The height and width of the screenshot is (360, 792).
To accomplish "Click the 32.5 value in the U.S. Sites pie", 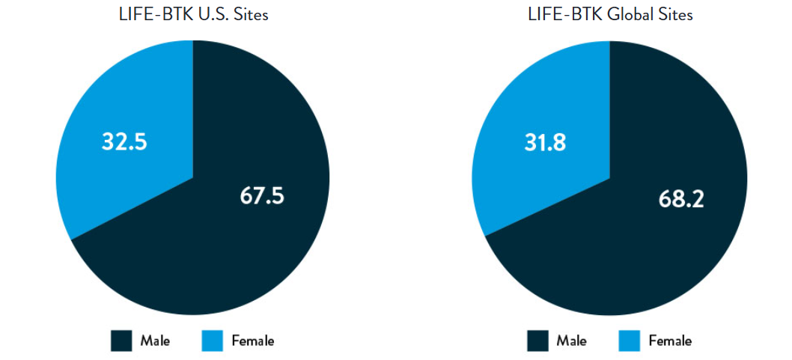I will (x=124, y=141).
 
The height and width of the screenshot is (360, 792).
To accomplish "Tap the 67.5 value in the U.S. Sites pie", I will (x=262, y=195).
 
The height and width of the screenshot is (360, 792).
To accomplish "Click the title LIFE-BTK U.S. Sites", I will (x=193, y=14).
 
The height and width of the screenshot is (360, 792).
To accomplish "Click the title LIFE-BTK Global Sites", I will (x=610, y=14).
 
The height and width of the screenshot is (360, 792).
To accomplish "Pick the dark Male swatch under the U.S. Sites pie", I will (x=121, y=341).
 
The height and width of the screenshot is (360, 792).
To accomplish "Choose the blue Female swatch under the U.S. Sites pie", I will (x=213, y=341).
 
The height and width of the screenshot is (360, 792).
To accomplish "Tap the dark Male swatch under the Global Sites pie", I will (x=537, y=341).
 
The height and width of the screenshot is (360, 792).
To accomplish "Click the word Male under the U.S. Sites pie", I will (x=155, y=341).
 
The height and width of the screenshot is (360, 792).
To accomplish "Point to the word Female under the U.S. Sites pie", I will (x=253, y=341).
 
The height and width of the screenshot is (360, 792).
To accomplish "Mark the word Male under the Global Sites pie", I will (x=571, y=341).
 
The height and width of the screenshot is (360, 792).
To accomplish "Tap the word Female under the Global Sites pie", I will (x=670, y=341).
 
